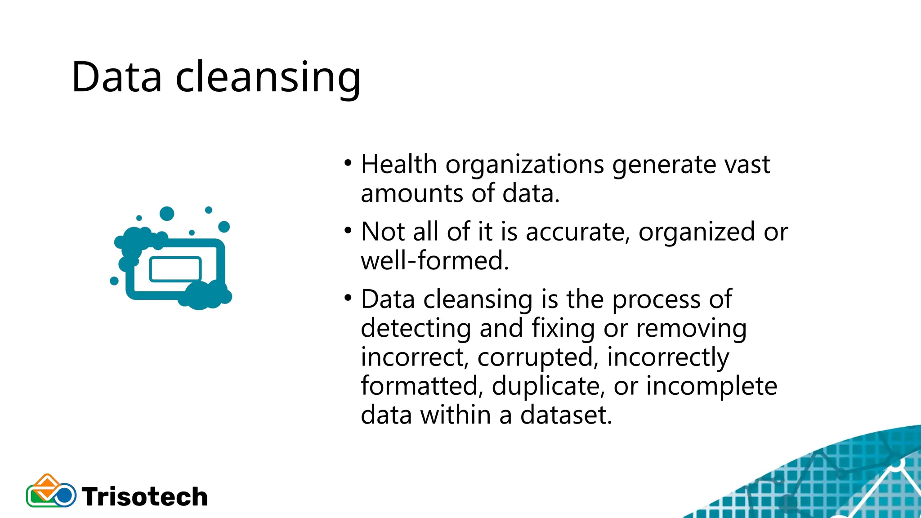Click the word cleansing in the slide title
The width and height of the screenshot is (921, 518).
(x=268, y=78)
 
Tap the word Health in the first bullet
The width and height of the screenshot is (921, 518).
(x=399, y=165)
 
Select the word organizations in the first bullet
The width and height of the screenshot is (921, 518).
(x=524, y=165)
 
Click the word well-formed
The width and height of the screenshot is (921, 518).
(x=434, y=261)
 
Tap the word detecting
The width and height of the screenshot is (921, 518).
(x=415, y=328)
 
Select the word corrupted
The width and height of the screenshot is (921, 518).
(x=538, y=358)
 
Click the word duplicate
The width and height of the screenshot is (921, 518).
(x=548, y=386)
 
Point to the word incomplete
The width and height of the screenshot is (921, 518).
(x=711, y=386)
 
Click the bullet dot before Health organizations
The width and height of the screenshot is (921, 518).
(x=348, y=163)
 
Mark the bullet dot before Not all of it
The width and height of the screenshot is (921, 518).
(x=348, y=231)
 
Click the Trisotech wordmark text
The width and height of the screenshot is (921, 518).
(x=145, y=497)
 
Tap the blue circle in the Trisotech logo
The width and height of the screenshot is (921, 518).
(x=65, y=496)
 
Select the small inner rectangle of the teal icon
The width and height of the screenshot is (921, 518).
(x=175, y=269)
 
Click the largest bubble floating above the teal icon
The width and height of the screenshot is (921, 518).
(x=167, y=214)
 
